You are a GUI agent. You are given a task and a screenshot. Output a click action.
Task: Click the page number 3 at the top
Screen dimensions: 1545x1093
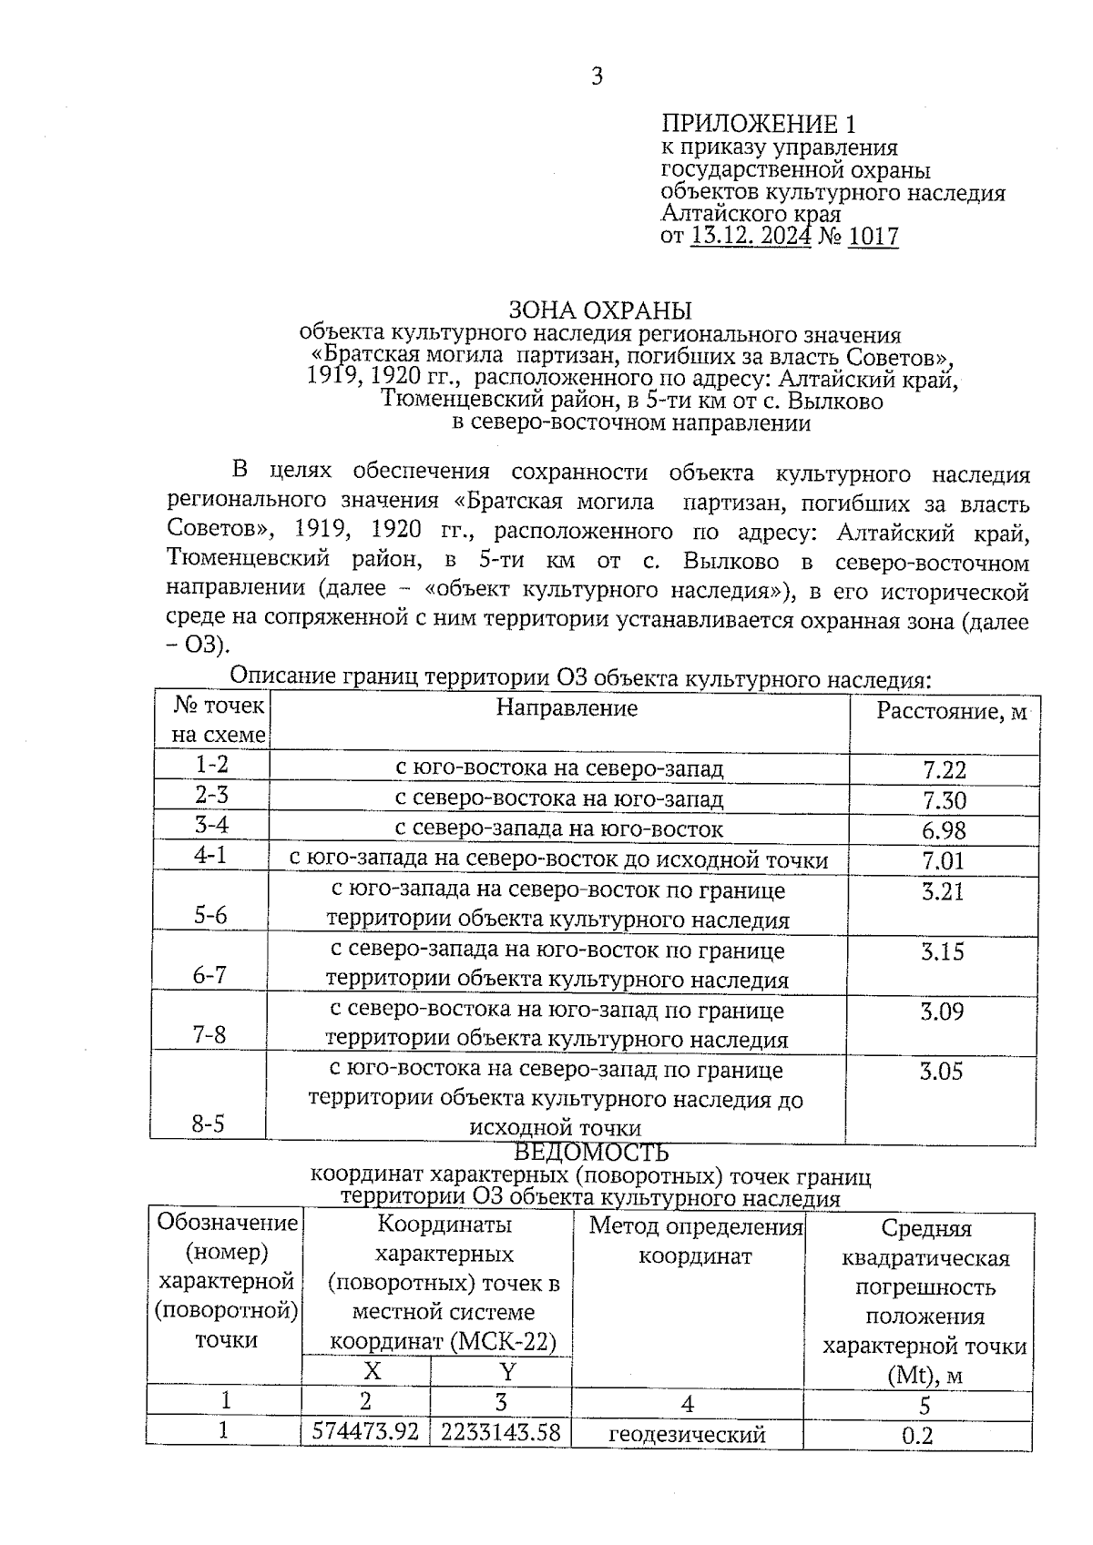[598, 76]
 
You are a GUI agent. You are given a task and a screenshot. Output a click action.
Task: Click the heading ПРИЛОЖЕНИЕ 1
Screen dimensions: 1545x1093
[758, 124]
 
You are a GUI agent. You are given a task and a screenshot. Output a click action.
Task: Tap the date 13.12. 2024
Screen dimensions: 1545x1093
[751, 238]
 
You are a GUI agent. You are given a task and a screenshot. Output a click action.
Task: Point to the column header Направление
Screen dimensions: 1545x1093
[567, 707]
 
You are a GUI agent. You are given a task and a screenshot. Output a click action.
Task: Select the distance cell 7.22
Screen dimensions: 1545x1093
[944, 770]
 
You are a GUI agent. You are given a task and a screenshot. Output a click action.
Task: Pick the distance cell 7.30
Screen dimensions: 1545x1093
[944, 800]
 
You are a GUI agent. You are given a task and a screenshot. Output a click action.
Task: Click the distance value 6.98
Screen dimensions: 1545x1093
[944, 830]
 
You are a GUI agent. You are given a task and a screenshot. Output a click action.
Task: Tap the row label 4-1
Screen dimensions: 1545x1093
[210, 856]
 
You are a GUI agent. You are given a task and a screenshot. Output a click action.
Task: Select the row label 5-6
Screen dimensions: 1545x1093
[210, 915]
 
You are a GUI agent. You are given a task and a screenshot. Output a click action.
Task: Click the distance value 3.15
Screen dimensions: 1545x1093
[942, 952]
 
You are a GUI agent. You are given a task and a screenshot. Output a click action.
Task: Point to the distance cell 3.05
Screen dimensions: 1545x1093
[941, 1072]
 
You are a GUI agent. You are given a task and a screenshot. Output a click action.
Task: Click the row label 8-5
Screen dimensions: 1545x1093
[209, 1124]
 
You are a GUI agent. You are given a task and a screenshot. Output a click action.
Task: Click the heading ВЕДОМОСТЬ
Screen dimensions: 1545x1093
[591, 1154]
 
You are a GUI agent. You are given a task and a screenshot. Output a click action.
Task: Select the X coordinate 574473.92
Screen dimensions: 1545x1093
[365, 1432]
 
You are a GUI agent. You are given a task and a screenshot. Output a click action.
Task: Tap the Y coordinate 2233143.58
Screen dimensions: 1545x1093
[500, 1432]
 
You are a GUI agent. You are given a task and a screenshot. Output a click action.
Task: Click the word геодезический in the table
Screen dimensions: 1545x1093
[687, 1435]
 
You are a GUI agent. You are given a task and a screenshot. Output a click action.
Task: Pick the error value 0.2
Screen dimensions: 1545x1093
[917, 1436]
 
